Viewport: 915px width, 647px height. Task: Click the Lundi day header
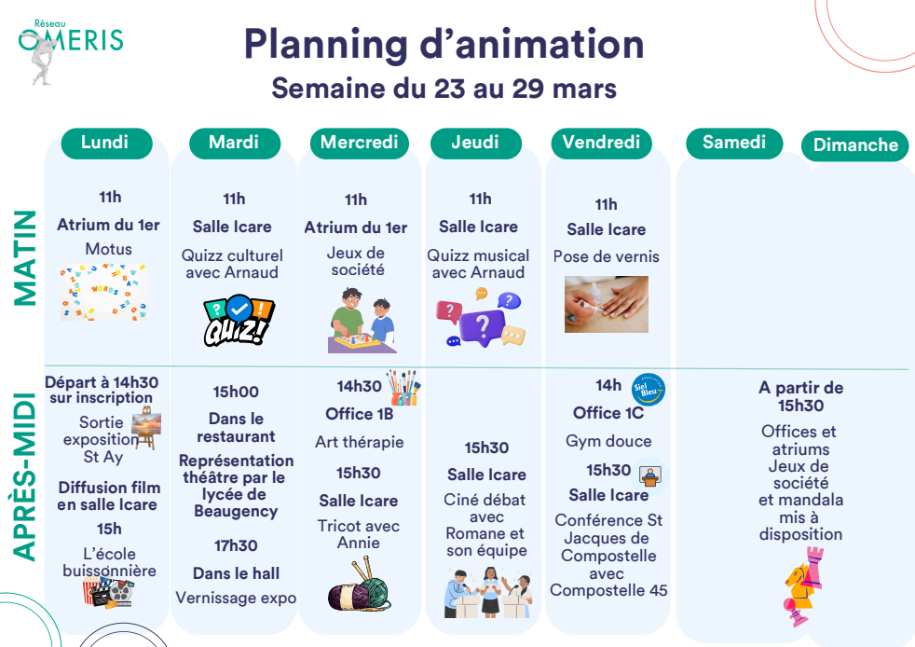[107, 143]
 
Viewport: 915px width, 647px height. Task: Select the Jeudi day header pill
[475, 143]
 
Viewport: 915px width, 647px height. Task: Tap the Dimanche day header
[854, 145]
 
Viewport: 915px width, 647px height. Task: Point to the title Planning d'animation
[444, 45]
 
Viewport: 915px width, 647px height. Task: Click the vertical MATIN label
[24, 257]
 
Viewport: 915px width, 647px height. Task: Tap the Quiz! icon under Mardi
[239, 321]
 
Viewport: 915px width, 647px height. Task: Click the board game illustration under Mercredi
[362, 320]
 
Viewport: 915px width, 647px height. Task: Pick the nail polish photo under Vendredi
[607, 304]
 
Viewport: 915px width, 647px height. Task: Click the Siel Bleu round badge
[649, 390]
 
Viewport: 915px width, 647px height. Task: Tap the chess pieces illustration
[804, 586]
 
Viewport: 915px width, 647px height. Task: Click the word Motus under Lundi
[108, 249]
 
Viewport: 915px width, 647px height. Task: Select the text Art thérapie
[360, 442]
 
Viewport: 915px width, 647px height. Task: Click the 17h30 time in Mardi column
[236, 546]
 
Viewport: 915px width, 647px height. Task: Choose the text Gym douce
[608, 442]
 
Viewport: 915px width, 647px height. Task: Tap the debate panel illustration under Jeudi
[488, 593]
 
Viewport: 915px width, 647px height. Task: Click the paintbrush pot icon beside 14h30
[403, 387]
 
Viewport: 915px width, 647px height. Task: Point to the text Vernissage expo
[236, 599]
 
